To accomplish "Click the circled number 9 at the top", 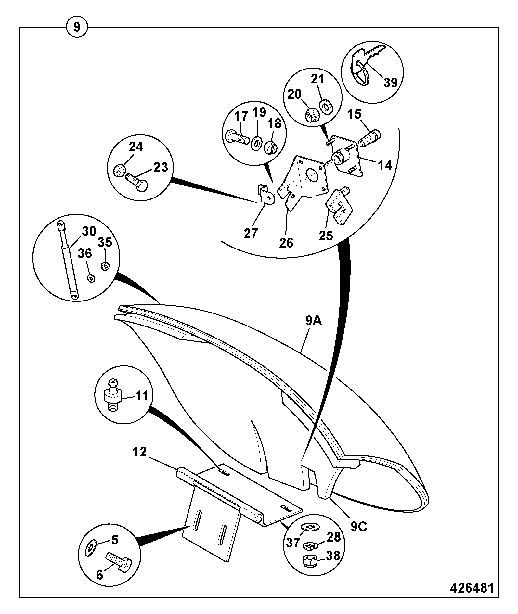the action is pos(77,27).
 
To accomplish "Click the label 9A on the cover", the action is pos(313,321).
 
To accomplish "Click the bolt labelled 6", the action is pos(119,562).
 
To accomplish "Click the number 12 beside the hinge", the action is pos(140,452).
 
